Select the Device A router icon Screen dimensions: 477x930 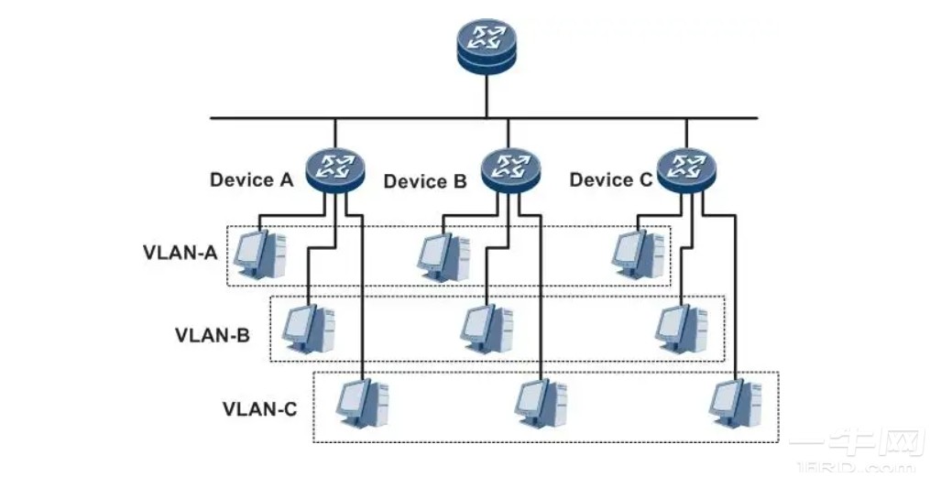coord(335,169)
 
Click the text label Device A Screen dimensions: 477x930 coord(251,179)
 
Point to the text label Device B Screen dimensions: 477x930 coord(425,181)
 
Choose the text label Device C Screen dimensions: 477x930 coord(610,179)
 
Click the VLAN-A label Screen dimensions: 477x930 coord(180,252)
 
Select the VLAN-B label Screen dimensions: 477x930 coord(212,334)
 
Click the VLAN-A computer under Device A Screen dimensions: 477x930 coord(259,254)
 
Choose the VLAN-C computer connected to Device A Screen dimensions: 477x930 coord(362,404)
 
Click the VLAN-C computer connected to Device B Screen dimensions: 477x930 coord(541,404)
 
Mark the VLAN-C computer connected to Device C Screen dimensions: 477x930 coord(737,404)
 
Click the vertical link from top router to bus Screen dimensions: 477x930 coord(487,96)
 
